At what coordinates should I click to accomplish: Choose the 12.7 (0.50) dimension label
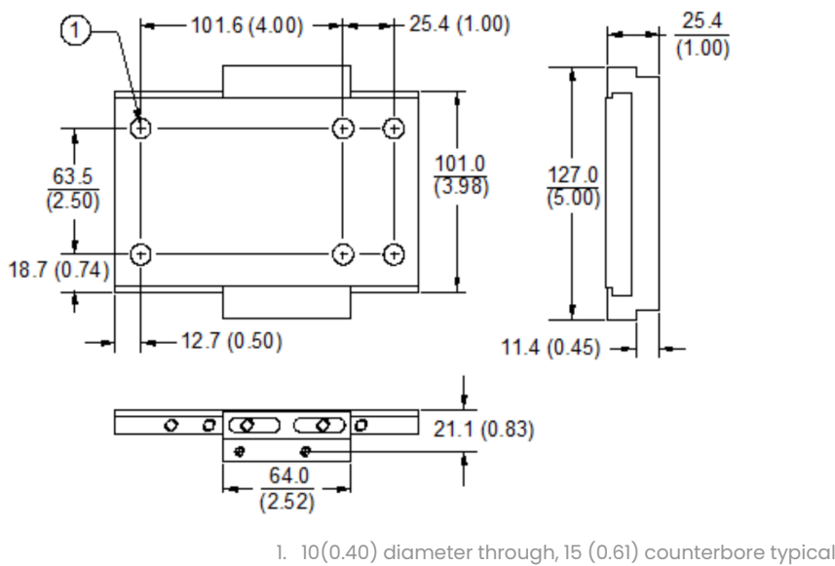[x=222, y=343]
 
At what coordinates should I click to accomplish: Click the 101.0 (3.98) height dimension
[x=462, y=174]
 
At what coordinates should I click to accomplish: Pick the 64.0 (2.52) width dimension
[x=285, y=490]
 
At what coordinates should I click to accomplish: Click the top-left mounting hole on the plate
[x=142, y=128]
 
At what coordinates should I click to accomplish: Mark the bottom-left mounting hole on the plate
[x=142, y=253]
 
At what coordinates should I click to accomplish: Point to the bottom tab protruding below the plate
[x=285, y=303]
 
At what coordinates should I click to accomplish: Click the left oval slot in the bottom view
[x=254, y=425]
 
